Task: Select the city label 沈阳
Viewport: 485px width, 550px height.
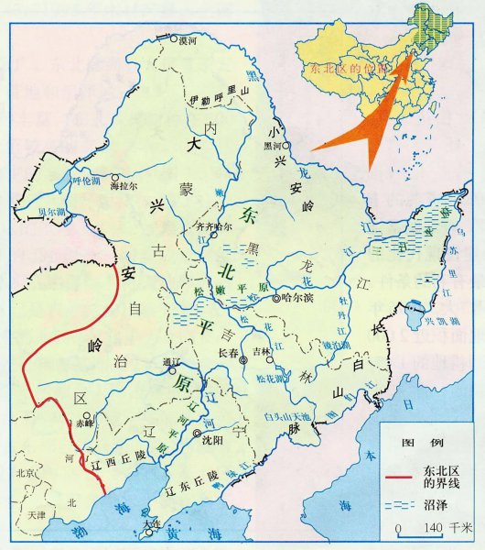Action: (212, 441)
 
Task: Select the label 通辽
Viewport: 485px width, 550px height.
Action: (169, 360)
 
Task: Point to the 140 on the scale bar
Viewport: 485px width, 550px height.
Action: (431, 529)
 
